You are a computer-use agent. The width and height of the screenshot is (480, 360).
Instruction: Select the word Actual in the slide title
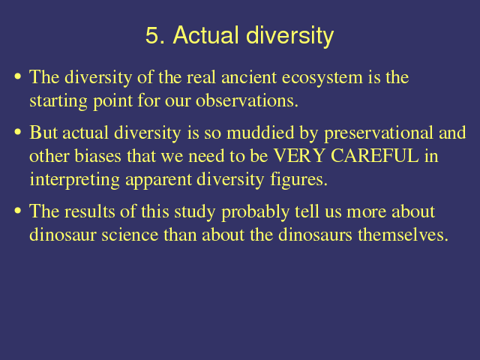pos(206,35)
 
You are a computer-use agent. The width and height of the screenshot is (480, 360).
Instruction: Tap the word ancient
pos(249,76)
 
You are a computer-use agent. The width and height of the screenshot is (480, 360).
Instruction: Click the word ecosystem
pos(322,78)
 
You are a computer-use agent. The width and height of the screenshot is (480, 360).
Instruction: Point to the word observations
pos(247,100)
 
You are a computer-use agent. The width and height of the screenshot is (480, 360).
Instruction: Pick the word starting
pos(58,101)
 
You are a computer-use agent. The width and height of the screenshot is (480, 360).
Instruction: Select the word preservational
pos(378,133)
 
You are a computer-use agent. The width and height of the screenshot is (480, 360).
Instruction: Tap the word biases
pos(98,156)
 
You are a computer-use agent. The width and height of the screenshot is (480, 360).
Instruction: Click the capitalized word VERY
pos(298,155)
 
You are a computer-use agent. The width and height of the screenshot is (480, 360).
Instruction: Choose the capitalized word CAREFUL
pos(375,155)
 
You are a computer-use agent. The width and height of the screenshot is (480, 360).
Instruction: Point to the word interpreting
pos(74,180)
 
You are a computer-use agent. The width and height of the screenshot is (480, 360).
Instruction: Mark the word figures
pos(298,181)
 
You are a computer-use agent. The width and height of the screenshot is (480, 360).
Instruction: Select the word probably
pos(255,212)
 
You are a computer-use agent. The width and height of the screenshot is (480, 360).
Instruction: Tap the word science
pos(130,235)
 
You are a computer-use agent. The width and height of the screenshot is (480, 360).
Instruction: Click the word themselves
pos(403,235)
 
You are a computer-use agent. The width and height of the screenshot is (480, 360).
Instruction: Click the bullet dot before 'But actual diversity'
pos(18,132)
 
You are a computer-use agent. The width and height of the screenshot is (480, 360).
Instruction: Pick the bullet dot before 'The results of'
pos(18,211)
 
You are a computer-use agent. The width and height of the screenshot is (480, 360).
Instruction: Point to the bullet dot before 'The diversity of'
pos(18,76)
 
